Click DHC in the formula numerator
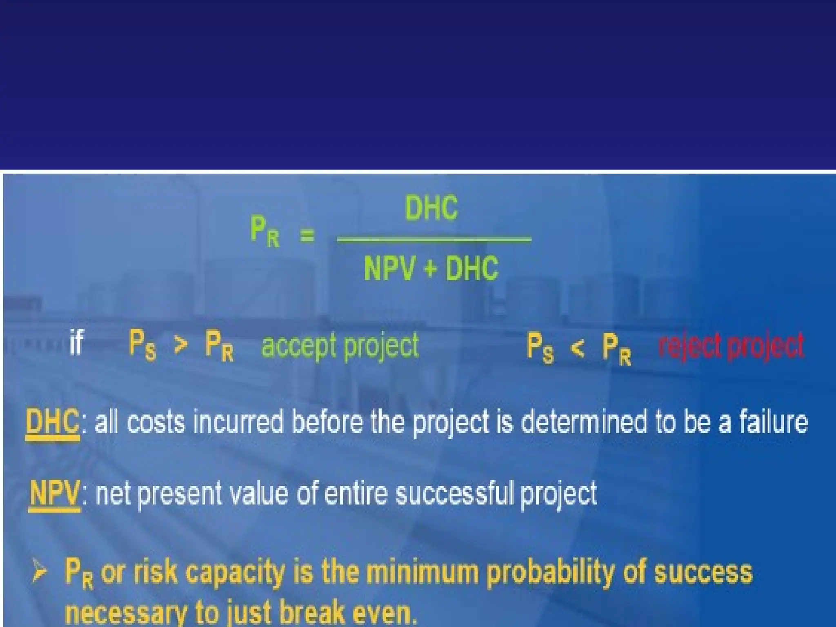(431, 208)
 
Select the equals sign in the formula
(307, 235)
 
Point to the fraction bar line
(434, 239)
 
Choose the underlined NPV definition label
(54, 493)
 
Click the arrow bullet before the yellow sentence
(40, 571)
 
